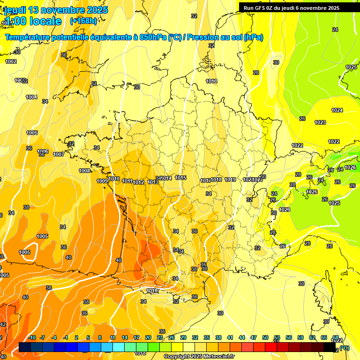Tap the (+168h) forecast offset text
tap(83, 21)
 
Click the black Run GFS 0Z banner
tap(292, 7)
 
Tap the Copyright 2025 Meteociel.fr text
tap(199, 356)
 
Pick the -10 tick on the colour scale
tap(32, 337)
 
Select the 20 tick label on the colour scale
tap(148, 337)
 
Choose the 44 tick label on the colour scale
tap(241, 337)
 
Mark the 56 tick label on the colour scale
tap(288, 337)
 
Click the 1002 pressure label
tap(11, 61)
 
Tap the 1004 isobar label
tap(31, 97)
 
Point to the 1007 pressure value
tap(59, 154)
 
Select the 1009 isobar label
tap(102, 181)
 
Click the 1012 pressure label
tap(138, 182)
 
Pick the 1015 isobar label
tap(181, 178)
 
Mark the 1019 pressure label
tap(230, 180)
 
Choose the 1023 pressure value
tap(320, 122)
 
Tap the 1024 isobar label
tap(337, 110)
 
